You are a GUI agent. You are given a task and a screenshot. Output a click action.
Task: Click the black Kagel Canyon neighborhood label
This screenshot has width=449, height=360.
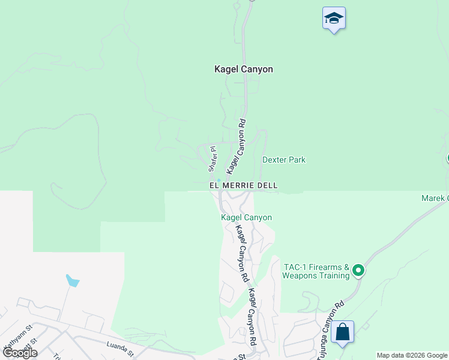(x=244, y=69)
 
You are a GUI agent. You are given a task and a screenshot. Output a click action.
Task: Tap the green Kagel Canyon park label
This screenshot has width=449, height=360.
(x=246, y=217)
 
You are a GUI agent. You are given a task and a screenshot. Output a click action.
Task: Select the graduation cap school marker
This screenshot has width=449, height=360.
(x=334, y=19)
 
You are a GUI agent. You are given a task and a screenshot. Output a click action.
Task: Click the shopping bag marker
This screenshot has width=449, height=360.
(x=342, y=332)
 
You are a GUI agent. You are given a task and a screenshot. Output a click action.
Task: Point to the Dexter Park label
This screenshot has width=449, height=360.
(x=284, y=160)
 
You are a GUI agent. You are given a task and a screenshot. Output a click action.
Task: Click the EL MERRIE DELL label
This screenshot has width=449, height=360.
(x=243, y=186)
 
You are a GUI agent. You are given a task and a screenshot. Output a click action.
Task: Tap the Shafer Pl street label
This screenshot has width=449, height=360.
(x=212, y=157)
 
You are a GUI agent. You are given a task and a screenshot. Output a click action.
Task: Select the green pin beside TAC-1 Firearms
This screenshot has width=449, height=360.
(x=358, y=271)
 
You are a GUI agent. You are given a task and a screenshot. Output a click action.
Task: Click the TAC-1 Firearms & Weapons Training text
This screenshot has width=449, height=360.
(x=316, y=271)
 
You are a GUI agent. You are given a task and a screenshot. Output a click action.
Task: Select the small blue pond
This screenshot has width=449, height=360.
(x=72, y=280)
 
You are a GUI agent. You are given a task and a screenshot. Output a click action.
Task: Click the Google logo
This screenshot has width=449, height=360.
(x=20, y=353)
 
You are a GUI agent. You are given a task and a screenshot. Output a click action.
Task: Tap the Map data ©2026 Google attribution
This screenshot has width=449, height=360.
(x=412, y=355)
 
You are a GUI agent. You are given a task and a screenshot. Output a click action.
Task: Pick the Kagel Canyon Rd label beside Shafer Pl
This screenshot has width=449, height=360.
(x=235, y=146)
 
